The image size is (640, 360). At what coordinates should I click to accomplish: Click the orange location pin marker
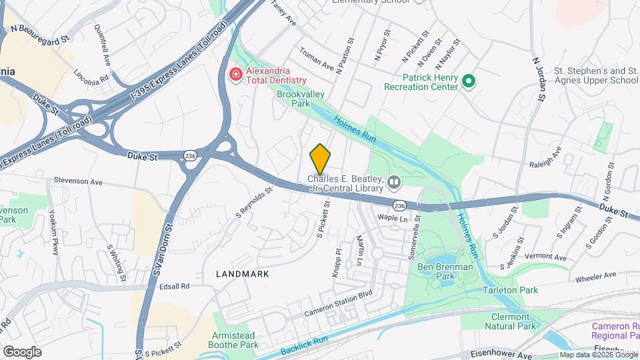click(320, 159)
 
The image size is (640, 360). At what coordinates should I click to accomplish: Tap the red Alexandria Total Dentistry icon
click(235, 74)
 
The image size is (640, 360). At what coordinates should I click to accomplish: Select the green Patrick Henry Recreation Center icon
click(469, 81)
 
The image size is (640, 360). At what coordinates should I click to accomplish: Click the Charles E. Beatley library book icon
click(394, 181)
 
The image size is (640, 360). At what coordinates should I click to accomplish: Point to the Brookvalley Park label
click(293, 99)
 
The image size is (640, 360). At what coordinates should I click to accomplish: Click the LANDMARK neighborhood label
click(243, 274)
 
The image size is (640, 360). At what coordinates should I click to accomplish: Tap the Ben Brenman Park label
click(445, 271)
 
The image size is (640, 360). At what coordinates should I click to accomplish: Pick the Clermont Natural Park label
click(514, 321)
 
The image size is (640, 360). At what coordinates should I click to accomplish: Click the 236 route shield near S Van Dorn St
click(191, 155)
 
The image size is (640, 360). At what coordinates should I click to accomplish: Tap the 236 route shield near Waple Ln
click(399, 205)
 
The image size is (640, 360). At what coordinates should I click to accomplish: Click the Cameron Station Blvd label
click(338, 303)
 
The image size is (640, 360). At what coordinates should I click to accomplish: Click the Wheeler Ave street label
click(595, 276)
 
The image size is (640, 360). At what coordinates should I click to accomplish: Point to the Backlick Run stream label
click(304, 345)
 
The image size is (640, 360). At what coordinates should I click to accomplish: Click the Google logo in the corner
click(22, 351)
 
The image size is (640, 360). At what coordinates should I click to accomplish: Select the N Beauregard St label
click(41, 35)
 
